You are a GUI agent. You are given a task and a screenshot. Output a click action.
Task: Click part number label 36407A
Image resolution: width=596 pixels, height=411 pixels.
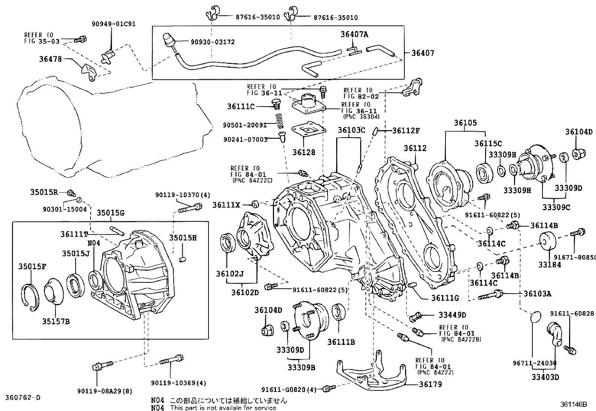point(354,34)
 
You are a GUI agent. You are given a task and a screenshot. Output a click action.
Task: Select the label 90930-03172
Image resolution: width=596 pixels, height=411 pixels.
point(212,42)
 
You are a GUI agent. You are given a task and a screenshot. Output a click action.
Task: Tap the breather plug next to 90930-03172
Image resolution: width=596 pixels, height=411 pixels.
point(168,40)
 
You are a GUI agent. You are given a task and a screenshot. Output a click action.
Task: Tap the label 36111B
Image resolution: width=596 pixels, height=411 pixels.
point(341,342)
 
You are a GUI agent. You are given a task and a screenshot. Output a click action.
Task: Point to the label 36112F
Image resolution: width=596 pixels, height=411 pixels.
point(406,131)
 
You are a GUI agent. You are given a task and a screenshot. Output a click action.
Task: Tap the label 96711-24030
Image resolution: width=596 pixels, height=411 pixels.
point(534,363)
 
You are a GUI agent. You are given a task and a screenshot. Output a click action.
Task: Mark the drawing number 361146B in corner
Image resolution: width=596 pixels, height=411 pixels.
point(574,404)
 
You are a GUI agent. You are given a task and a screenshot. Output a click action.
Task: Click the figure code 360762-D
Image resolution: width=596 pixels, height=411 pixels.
point(22,397)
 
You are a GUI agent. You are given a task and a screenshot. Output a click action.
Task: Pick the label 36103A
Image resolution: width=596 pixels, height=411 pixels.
point(537,294)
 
